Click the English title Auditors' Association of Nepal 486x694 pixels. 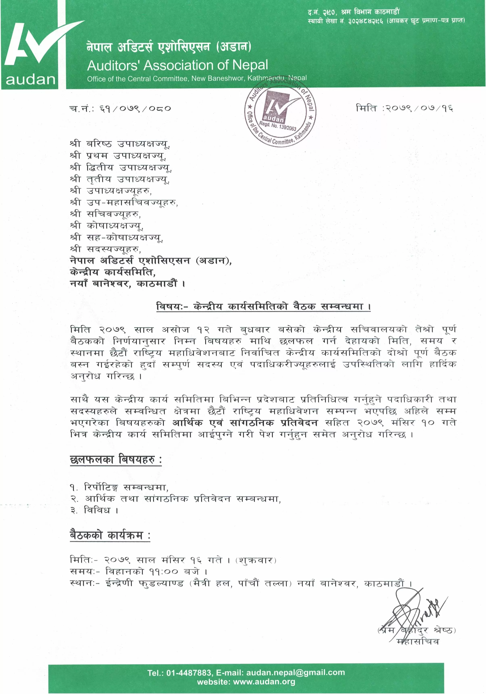click(177, 65)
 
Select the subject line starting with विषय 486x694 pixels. click(263, 307)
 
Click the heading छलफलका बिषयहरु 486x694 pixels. click(116, 460)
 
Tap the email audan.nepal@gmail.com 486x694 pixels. click(295, 673)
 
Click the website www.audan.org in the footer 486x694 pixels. click(264, 682)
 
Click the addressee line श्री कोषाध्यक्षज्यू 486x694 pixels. click(106, 226)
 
